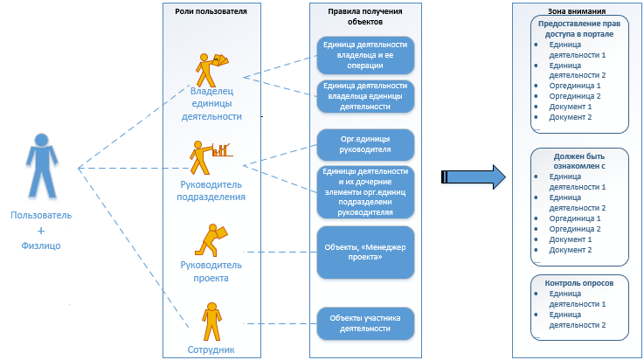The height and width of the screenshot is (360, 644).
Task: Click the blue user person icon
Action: (x=36, y=166)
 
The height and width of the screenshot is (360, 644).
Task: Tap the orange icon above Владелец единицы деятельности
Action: (x=211, y=67)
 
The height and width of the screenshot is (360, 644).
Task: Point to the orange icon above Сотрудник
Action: (x=211, y=321)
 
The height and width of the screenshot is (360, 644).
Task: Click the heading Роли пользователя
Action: (x=211, y=10)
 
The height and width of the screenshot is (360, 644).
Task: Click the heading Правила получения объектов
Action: (x=365, y=16)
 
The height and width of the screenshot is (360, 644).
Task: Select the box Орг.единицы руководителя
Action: (x=365, y=143)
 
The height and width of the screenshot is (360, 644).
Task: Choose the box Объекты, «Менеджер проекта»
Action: (x=365, y=253)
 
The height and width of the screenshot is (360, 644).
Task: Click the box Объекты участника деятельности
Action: (x=365, y=322)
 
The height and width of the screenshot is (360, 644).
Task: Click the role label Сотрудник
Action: (x=211, y=350)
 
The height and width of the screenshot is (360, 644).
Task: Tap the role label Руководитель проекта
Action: (x=211, y=272)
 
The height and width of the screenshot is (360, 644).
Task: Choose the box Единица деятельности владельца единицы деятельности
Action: (x=365, y=96)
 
